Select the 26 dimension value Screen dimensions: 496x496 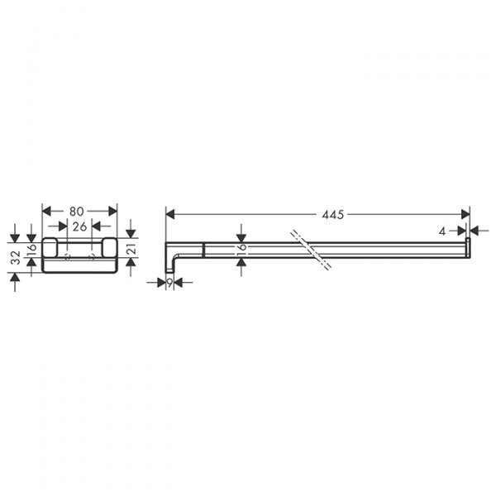pyautogui.click(x=79, y=225)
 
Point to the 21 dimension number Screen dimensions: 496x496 pyautogui.click(x=131, y=249)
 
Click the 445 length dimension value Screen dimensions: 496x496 pyautogui.click(x=333, y=214)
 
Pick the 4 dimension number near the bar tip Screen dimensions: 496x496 pyautogui.click(x=444, y=230)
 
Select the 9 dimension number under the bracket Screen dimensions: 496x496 pyautogui.click(x=169, y=283)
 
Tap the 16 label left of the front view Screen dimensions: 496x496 pyautogui.click(x=31, y=247)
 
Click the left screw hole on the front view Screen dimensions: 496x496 pyautogui.click(x=68, y=258)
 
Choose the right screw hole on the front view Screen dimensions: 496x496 pyautogui.click(x=92, y=258)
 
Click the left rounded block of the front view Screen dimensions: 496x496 pyautogui.click(x=49, y=246)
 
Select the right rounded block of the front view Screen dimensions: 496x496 pyautogui.click(x=109, y=246)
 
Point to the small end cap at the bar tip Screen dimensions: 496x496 pyautogui.click(x=468, y=245)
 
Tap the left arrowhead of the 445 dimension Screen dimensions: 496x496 pyautogui.click(x=169, y=214)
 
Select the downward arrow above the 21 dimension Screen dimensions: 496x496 pyautogui.click(x=131, y=232)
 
